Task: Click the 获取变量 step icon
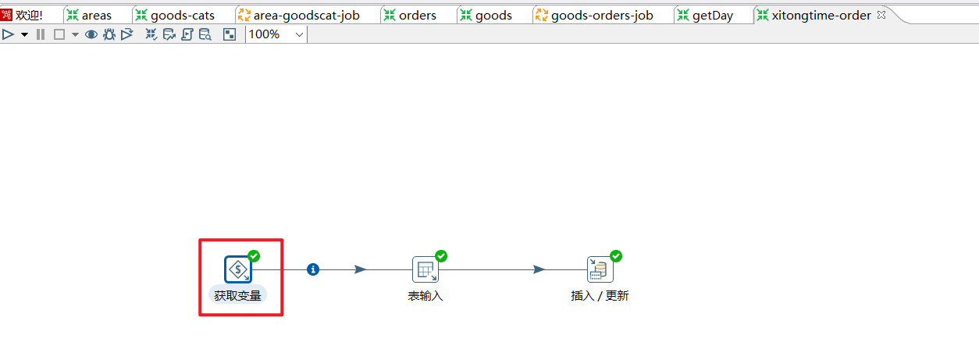coord(237,269)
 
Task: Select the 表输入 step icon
coord(425,270)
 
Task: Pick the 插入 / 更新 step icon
coord(600,270)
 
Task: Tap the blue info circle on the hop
coord(313,269)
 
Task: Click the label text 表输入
coord(425,296)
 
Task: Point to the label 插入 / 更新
coord(600,296)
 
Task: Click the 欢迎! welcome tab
coord(29,15)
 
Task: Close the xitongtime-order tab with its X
coord(881,15)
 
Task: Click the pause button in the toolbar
coord(41,34)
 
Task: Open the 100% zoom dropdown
coord(300,34)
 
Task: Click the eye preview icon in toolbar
coord(91,34)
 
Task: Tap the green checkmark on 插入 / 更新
coord(616,256)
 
